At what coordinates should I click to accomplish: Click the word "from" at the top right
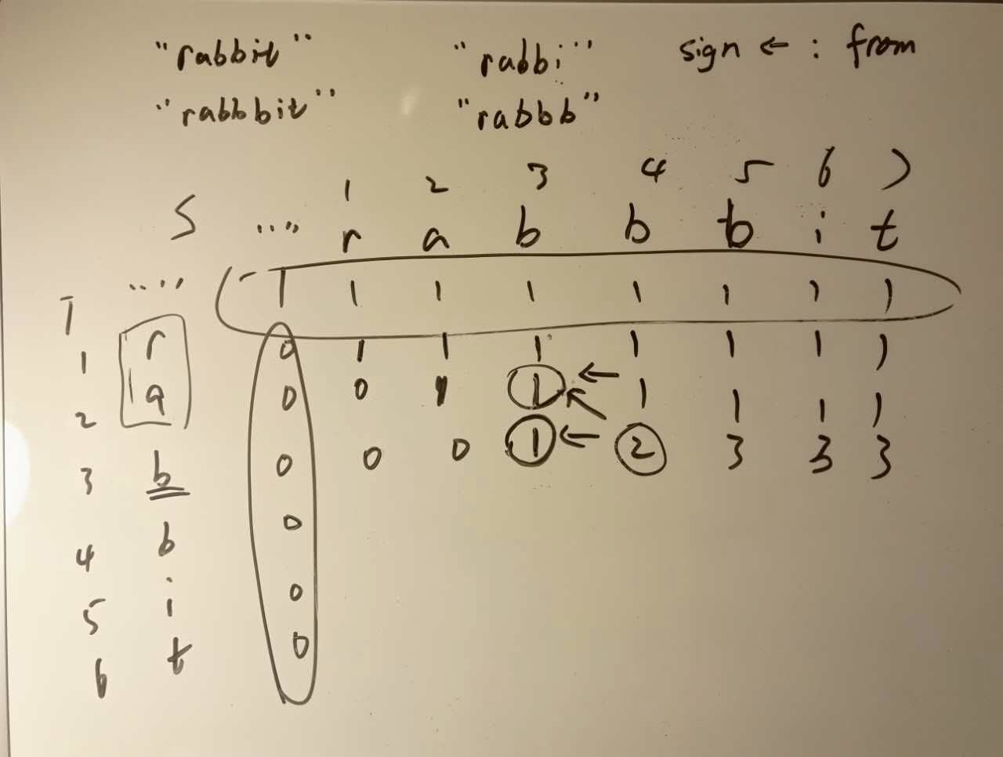[x=880, y=44]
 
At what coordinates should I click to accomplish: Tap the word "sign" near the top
[x=708, y=51]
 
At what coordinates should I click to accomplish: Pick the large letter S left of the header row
[x=185, y=226]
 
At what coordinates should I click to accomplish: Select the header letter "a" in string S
[x=435, y=237]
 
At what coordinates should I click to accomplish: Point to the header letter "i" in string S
[x=817, y=234]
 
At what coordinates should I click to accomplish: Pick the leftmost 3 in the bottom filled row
[x=733, y=453]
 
